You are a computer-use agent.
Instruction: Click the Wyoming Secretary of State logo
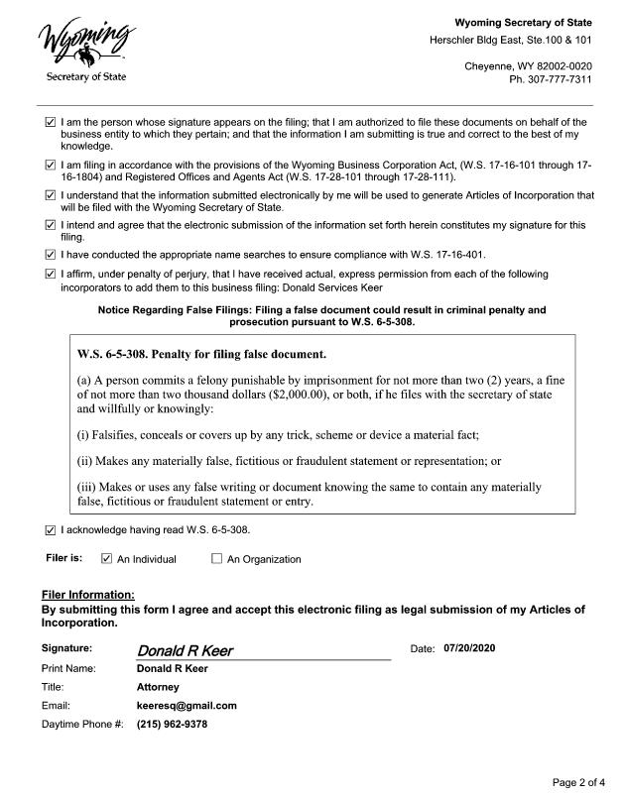(x=86, y=49)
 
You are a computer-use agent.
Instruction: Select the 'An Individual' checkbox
(x=107, y=559)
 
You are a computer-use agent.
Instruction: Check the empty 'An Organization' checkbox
(x=216, y=559)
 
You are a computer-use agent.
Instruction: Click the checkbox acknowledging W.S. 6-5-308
(x=51, y=529)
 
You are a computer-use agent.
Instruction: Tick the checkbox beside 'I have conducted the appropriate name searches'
(x=51, y=255)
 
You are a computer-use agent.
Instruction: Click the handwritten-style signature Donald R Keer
(x=185, y=650)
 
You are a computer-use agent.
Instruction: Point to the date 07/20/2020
(x=469, y=648)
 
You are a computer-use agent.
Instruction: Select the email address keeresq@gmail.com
(x=187, y=706)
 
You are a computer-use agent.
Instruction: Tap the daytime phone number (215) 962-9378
(x=172, y=725)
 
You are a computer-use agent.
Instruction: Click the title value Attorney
(x=158, y=687)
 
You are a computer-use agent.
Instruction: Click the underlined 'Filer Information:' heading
(x=87, y=594)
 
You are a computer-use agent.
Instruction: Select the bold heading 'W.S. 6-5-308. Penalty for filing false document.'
(x=201, y=354)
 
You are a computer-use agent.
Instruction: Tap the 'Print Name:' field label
(x=68, y=668)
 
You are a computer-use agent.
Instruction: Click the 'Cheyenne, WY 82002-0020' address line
(x=528, y=66)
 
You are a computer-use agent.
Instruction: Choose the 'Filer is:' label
(x=63, y=558)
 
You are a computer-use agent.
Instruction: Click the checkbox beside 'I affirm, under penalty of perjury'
(x=51, y=274)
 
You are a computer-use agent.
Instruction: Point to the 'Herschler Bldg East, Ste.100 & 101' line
(x=510, y=41)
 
